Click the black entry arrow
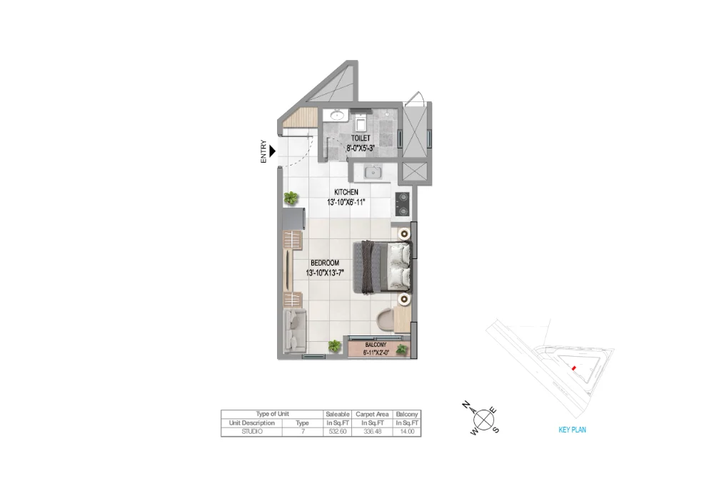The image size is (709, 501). (x=271, y=151)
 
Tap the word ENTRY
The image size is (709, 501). (x=263, y=151)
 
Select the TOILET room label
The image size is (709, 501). (x=361, y=138)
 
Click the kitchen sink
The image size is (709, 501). (x=372, y=172)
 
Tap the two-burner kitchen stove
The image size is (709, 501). (x=402, y=203)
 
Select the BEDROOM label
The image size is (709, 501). (x=325, y=263)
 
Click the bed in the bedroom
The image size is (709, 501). (x=382, y=267)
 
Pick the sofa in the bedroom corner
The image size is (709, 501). (x=293, y=331)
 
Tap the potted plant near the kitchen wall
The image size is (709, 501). (x=291, y=198)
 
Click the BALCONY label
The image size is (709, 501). (x=376, y=343)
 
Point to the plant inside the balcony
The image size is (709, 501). (x=403, y=350)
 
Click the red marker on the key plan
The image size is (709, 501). (x=573, y=368)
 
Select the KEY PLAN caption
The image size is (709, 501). (x=572, y=430)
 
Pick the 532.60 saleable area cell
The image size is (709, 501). (x=337, y=432)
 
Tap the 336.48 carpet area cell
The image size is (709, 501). (x=372, y=432)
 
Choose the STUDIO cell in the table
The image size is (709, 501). (x=252, y=432)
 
